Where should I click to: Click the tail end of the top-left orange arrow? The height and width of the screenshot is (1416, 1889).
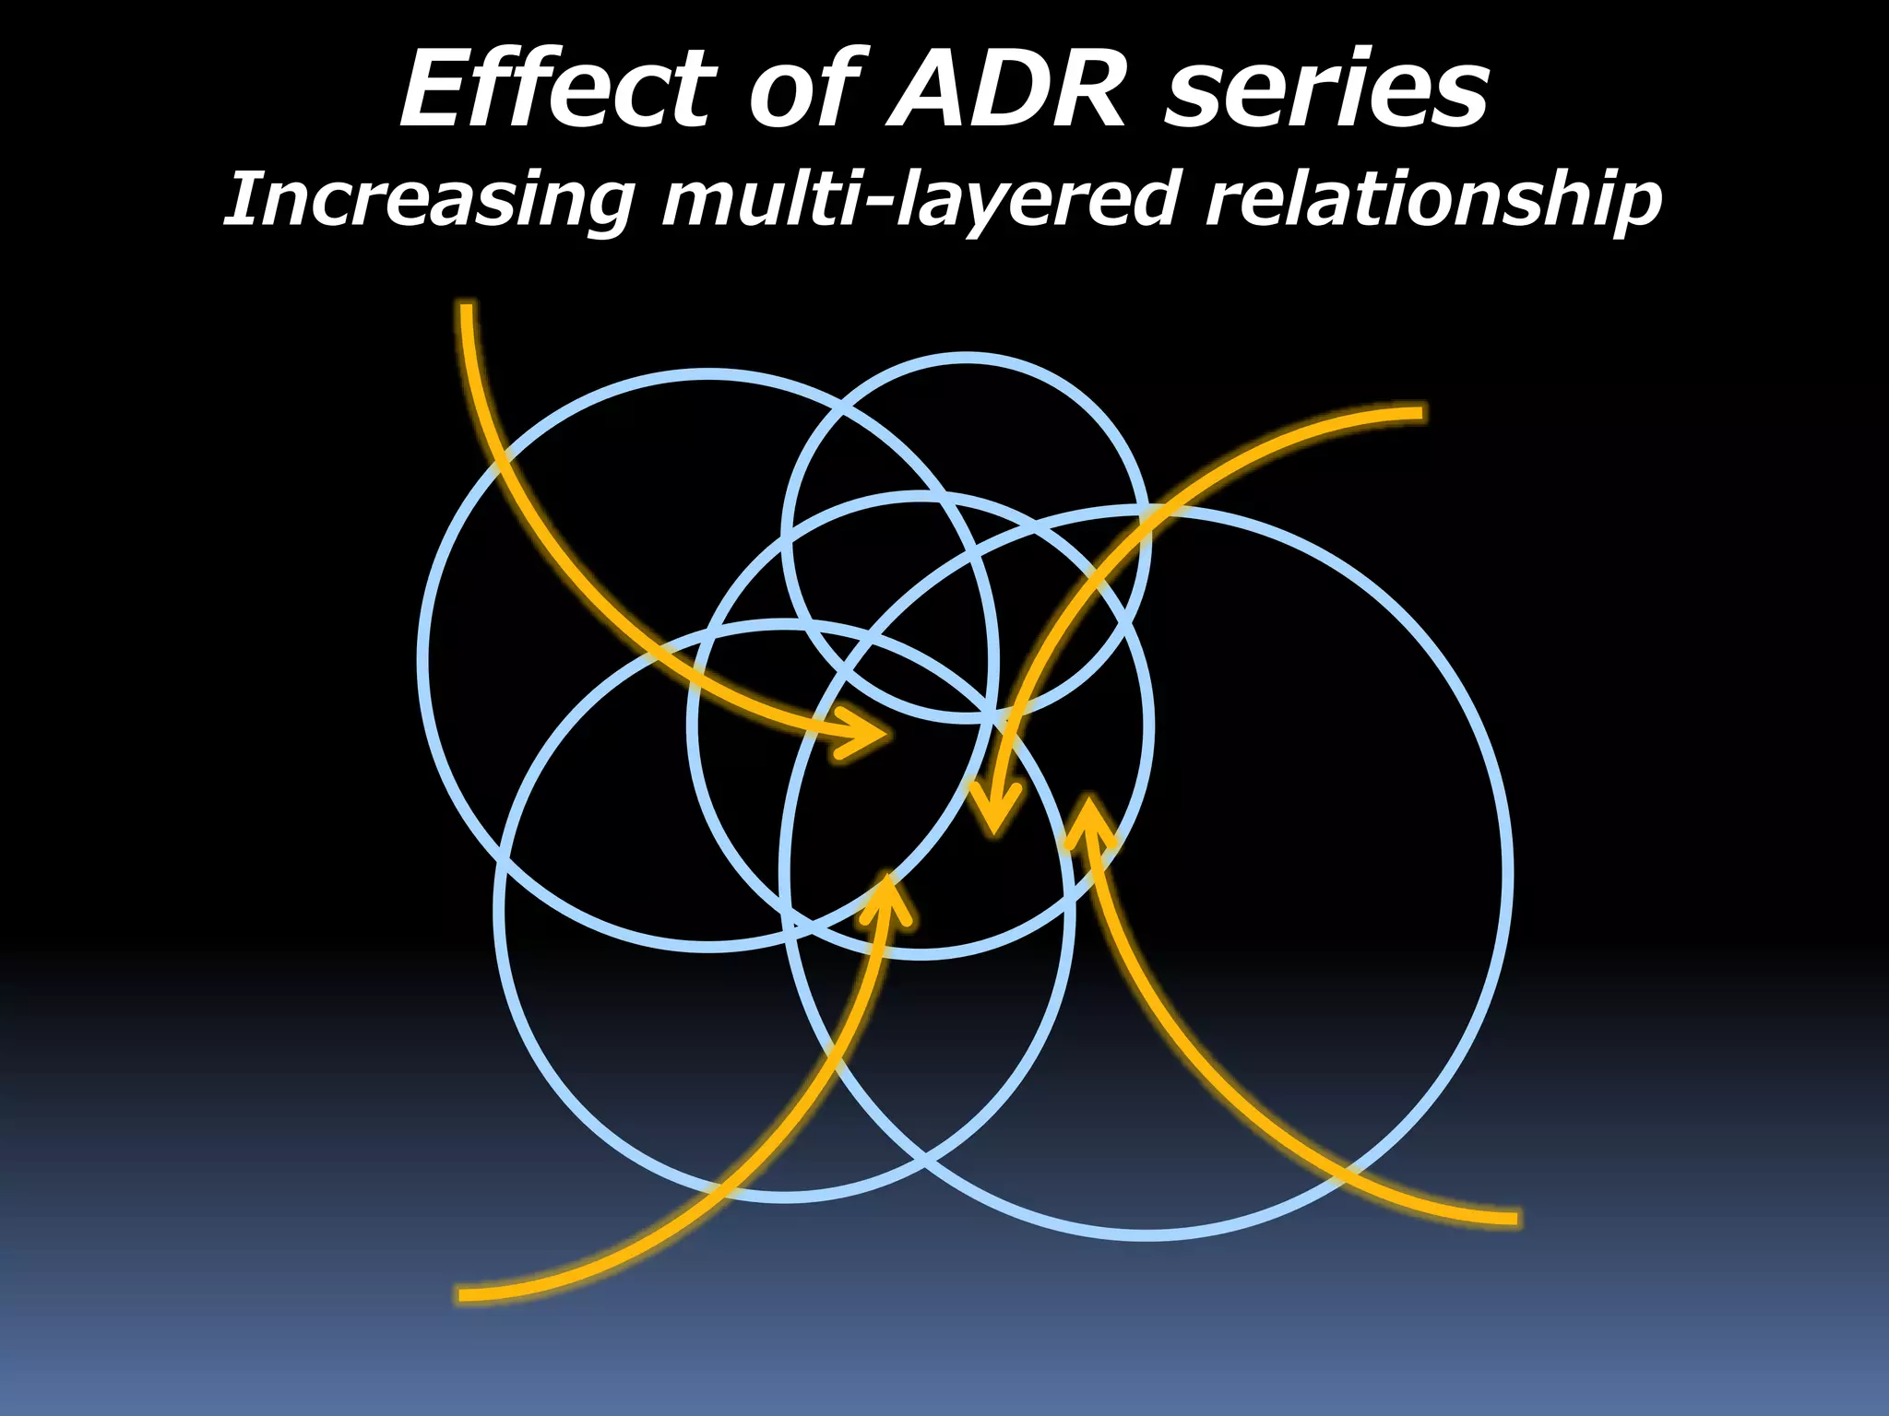[467, 310]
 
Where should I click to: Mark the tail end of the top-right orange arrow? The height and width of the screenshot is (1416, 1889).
[1419, 413]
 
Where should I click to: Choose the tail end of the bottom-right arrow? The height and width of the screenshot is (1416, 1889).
[1513, 1219]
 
